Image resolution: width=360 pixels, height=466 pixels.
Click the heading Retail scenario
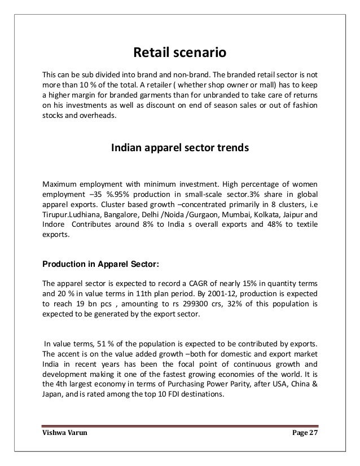[x=179, y=54]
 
